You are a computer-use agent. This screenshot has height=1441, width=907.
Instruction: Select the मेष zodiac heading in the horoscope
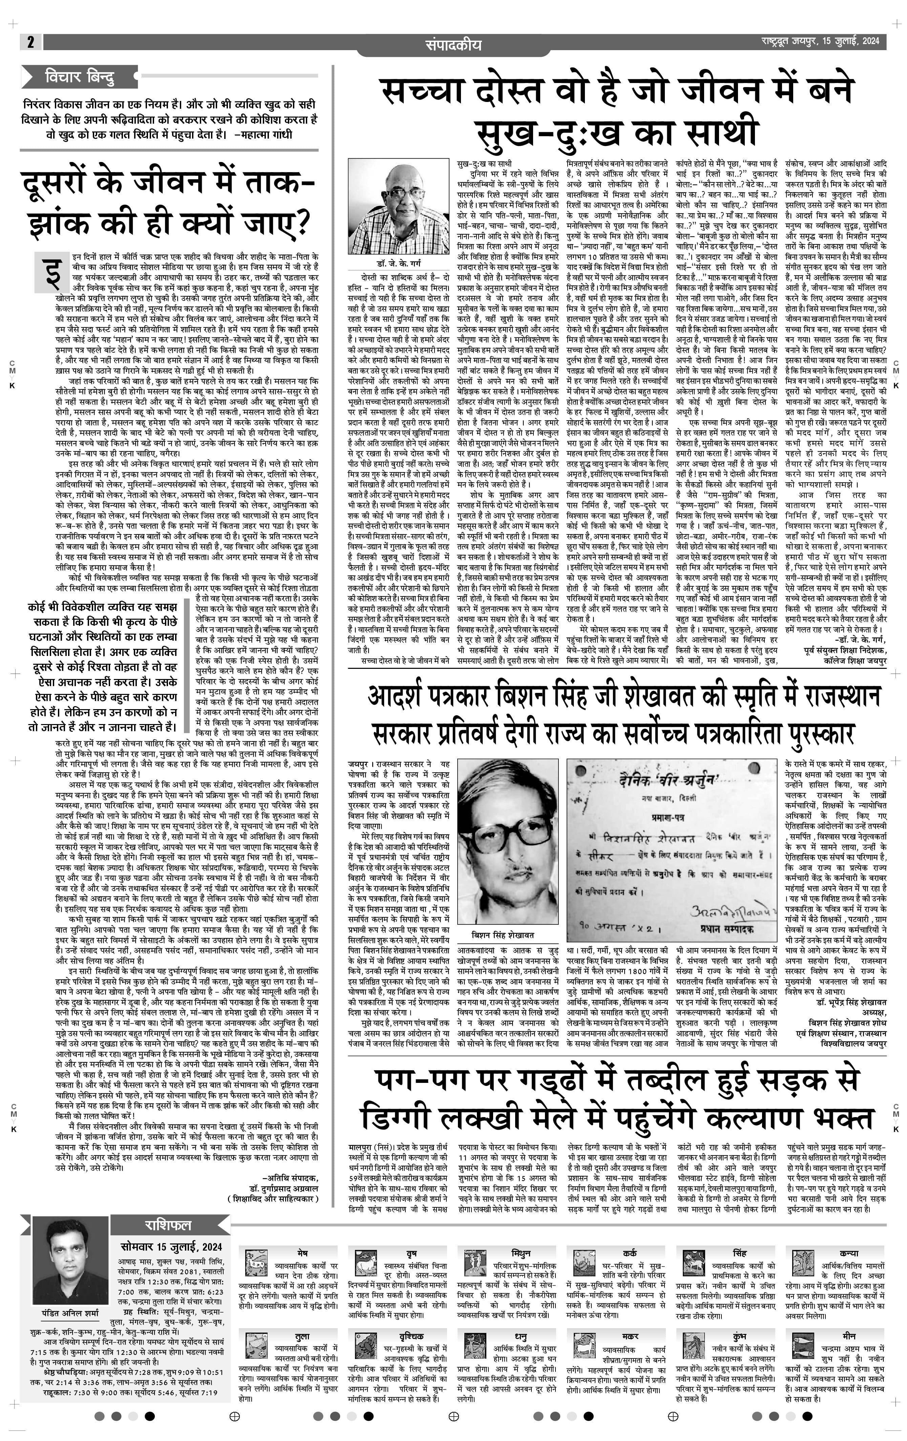[302, 1253]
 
